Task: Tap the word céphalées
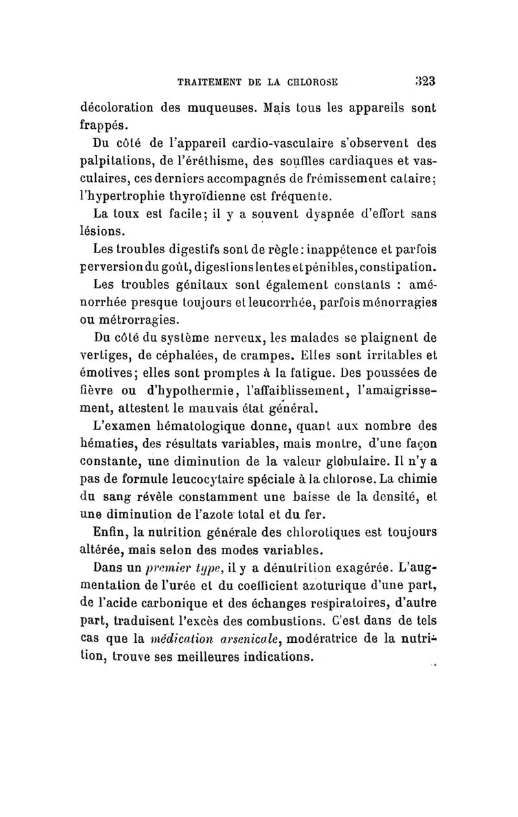pos(188,355)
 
